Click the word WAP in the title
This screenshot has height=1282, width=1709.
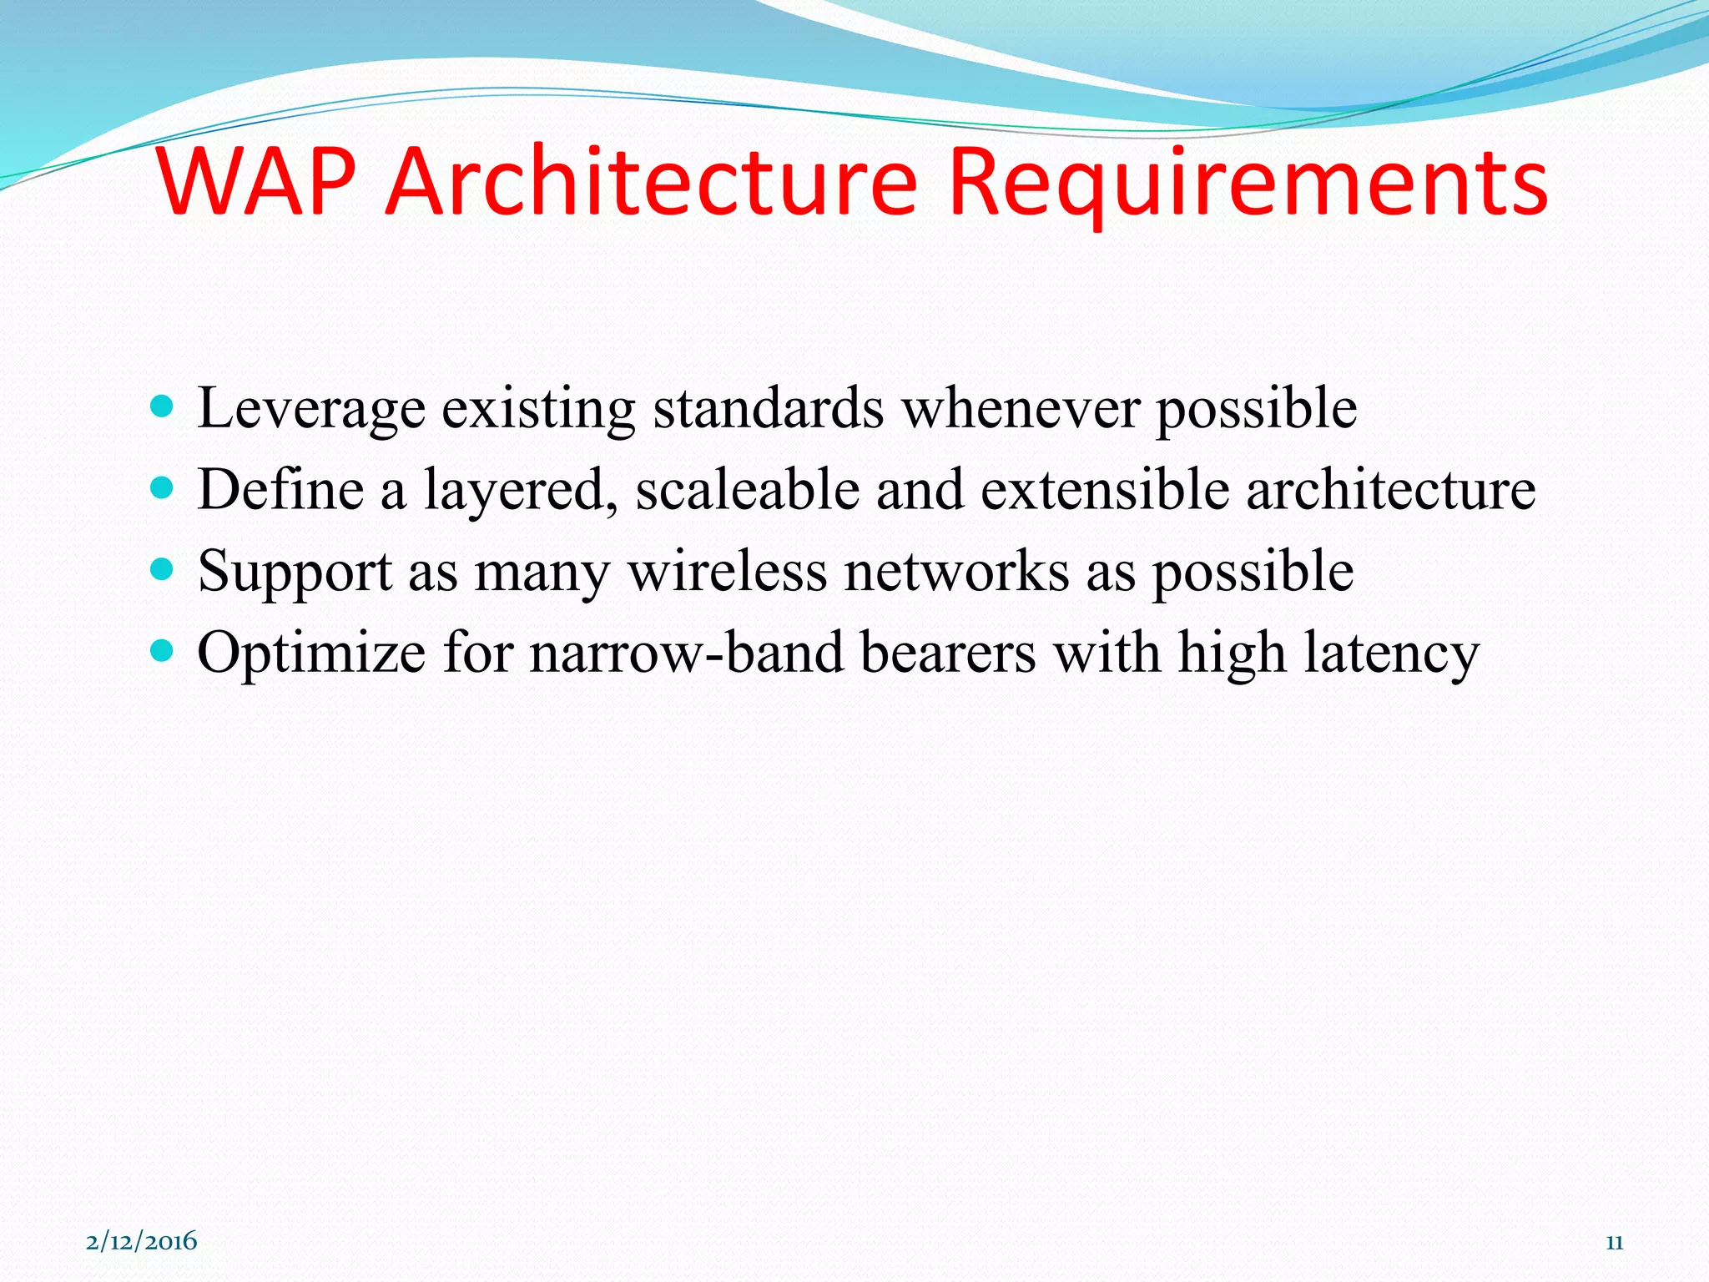(256, 182)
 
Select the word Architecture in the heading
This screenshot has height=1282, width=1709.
(652, 182)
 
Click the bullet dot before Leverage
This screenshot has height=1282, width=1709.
(162, 407)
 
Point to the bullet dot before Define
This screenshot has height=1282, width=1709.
(162, 488)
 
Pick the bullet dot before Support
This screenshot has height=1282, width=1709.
(162, 570)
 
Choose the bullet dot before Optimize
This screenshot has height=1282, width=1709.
(162, 651)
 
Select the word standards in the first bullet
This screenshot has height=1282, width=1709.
(768, 409)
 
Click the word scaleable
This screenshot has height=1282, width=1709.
(748, 490)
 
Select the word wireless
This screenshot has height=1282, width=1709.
(727, 572)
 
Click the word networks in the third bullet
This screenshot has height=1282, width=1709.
(956, 572)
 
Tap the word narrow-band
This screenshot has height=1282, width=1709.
(687, 653)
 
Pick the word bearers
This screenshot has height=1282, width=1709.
(948, 653)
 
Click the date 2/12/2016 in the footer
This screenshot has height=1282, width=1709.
(142, 1241)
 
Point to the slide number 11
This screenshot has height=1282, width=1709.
(1614, 1243)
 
